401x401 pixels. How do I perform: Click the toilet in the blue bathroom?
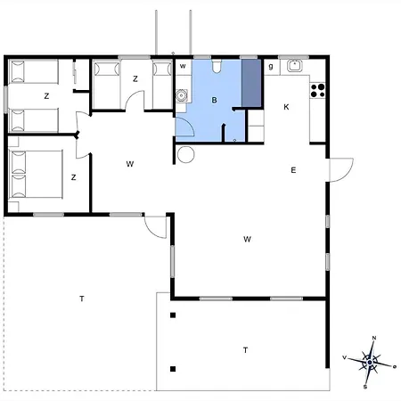217,66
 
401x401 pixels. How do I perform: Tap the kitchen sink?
295,66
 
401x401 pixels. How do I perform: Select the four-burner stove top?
317,91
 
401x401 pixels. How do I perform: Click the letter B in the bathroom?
214,100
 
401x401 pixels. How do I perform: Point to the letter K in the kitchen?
286,107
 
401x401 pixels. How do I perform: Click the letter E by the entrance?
293,170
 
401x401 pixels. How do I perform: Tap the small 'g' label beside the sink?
271,67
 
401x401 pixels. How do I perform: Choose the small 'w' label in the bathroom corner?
183,66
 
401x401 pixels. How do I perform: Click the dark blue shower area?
251,83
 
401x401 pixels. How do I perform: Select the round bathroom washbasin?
181,95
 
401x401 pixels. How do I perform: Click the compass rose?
370,363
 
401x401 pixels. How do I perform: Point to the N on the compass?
374,338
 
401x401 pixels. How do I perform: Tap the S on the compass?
365,387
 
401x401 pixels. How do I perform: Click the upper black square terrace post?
173,315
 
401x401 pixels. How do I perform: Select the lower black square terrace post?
173,369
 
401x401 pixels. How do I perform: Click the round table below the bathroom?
185,154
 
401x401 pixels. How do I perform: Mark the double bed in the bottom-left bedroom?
37,175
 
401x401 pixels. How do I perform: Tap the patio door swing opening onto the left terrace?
155,227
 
